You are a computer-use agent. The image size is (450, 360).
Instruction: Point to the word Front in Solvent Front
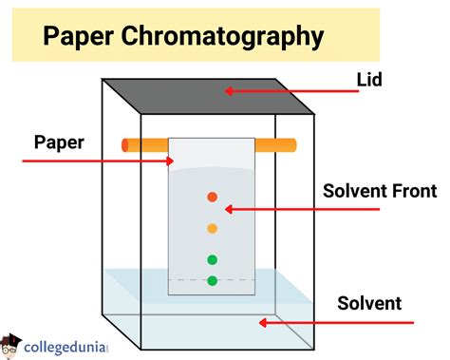click(414, 191)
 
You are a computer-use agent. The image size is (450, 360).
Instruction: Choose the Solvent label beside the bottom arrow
click(369, 304)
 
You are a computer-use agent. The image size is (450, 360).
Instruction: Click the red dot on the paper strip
click(213, 198)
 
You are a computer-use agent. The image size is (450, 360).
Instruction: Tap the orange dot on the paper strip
click(213, 228)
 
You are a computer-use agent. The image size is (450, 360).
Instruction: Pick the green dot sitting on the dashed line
click(213, 280)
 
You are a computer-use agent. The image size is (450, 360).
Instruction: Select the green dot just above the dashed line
click(213, 259)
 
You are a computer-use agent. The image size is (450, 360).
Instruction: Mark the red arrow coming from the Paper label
click(95, 161)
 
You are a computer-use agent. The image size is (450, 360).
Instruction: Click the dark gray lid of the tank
click(209, 98)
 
